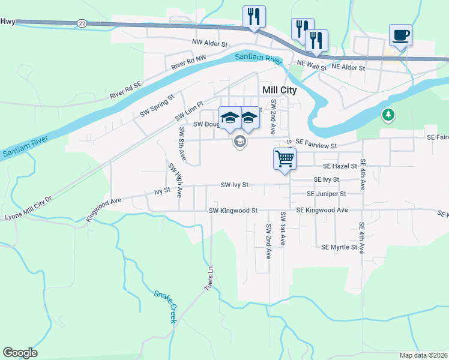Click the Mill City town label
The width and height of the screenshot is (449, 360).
click(280, 89)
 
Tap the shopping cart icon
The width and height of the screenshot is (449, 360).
click(285, 159)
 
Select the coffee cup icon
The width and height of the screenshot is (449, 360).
click(400, 34)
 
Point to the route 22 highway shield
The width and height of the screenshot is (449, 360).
click(82, 23)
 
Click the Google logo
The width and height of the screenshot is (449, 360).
click(20, 353)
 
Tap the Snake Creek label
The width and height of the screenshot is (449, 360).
click(166, 307)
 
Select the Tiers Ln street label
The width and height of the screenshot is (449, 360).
click(210, 277)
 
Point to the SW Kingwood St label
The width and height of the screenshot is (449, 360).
click(233, 211)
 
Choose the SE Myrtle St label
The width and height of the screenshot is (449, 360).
click(339, 247)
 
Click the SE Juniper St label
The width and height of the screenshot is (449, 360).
click(326, 194)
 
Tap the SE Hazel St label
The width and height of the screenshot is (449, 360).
click(339, 166)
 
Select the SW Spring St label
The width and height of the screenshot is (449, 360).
click(157, 105)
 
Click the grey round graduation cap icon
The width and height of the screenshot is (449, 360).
click(240, 142)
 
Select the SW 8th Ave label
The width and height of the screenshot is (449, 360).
click(182, 144)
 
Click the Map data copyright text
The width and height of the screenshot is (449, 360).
click(423, 355)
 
